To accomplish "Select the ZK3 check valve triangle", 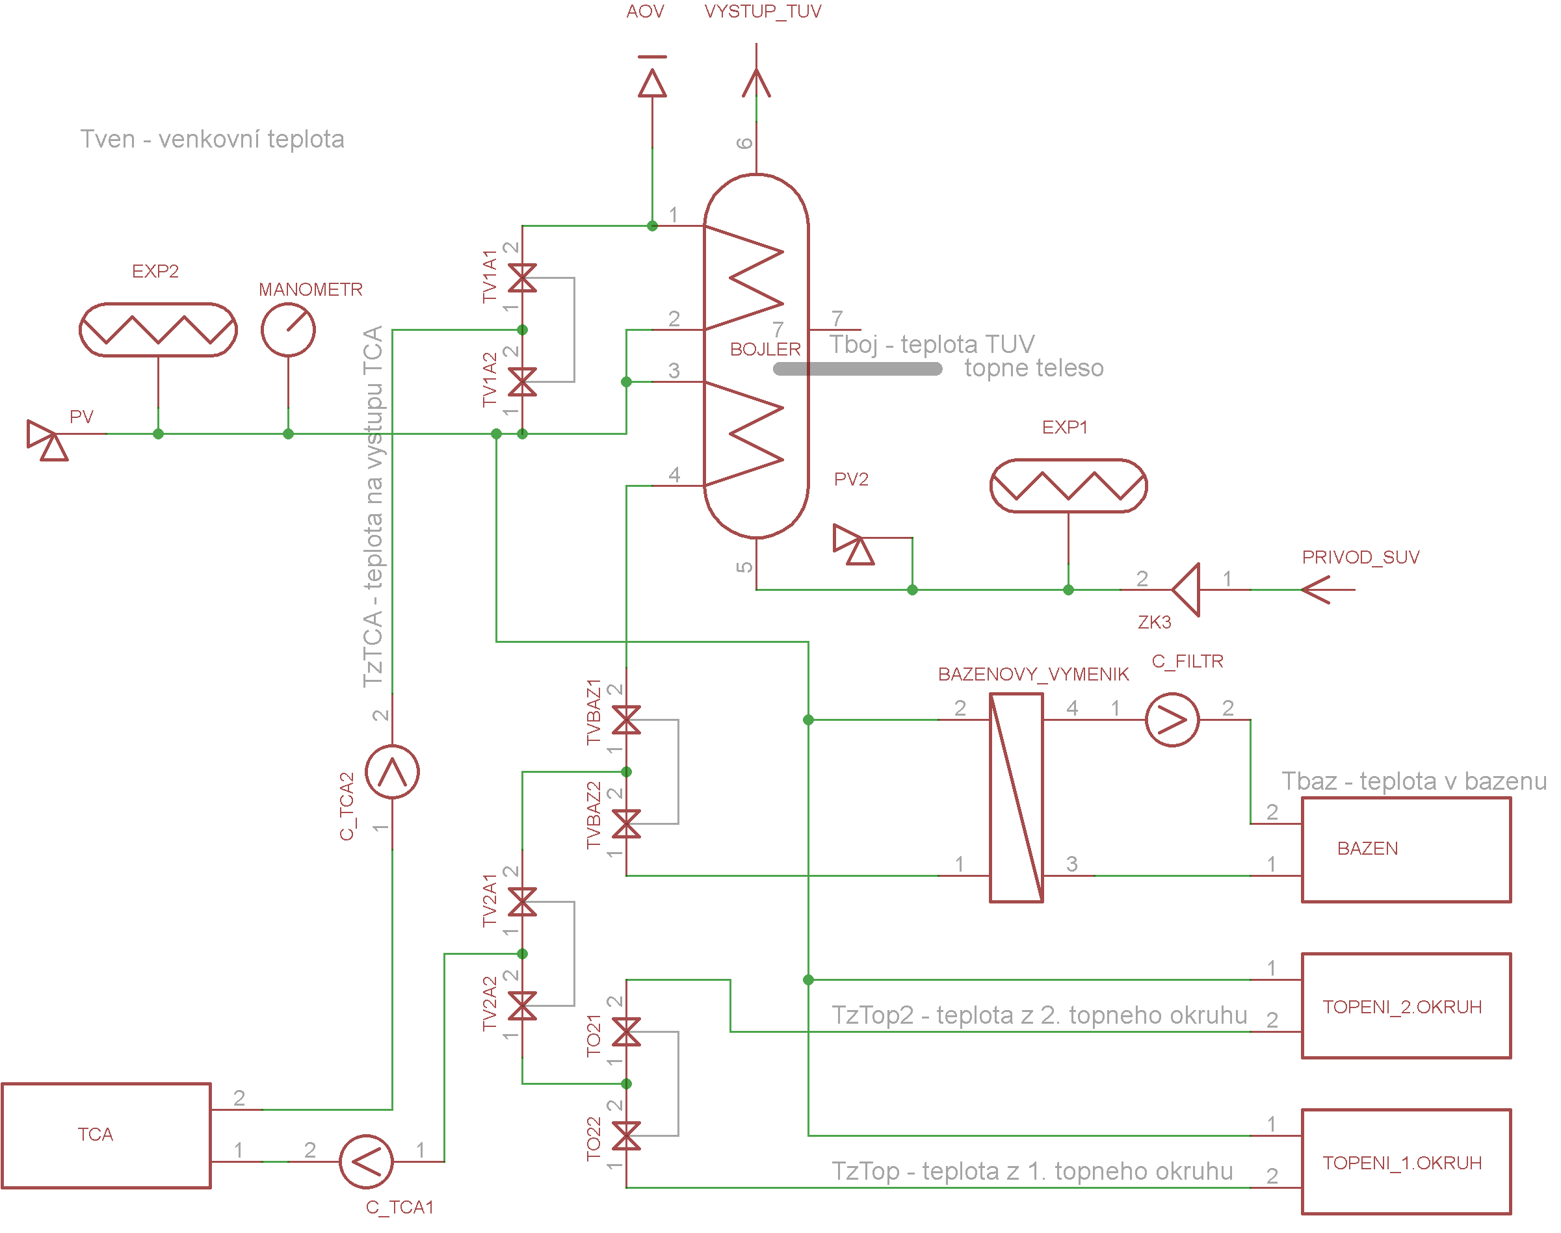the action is pos(1186,590).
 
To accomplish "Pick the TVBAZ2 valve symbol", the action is pos(626,824).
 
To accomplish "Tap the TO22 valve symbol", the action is pos(626,1136).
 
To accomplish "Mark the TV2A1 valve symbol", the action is pos(522,902).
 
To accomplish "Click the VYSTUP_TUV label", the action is pos(763,12).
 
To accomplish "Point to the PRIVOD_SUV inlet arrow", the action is pos(1328,590).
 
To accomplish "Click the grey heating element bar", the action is pos(857,369).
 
